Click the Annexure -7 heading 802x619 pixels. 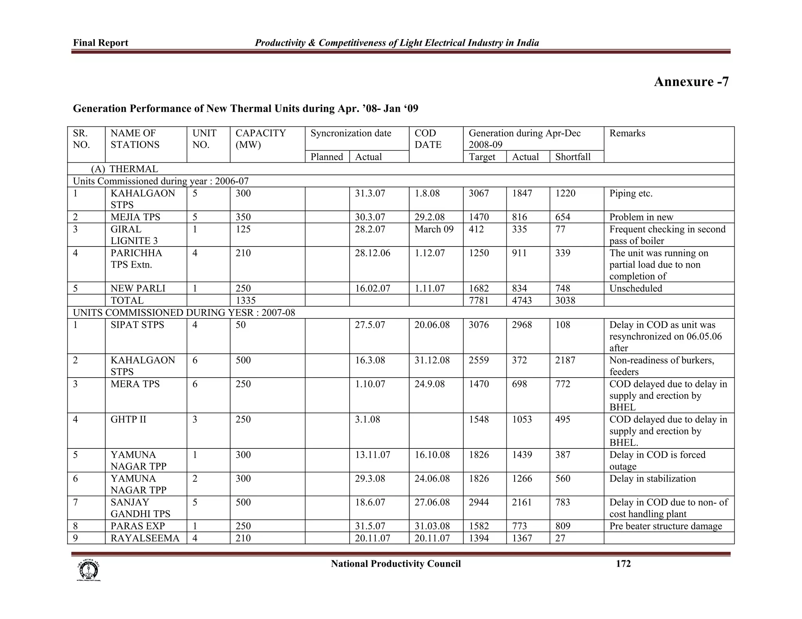(x=691, y=82)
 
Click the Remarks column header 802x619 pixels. (x=627, y=133)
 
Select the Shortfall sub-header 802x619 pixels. (x=573, y=157)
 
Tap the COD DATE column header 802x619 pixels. (x=428, y=139)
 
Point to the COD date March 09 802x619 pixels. (x=434, y=229)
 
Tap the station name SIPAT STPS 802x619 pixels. (x=137, y=325)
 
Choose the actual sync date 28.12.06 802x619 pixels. (x=372, y=253)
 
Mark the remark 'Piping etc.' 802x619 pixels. (x=631, y=194)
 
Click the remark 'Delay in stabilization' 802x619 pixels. (x=652, y=479)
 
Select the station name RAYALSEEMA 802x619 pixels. (x=145, y=538)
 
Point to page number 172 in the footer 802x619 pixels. (x=623, y=564)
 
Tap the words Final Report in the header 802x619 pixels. (x=101, y=43)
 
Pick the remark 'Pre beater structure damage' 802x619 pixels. (x=665, y=526)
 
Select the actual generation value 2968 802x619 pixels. (x=522, y=325)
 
